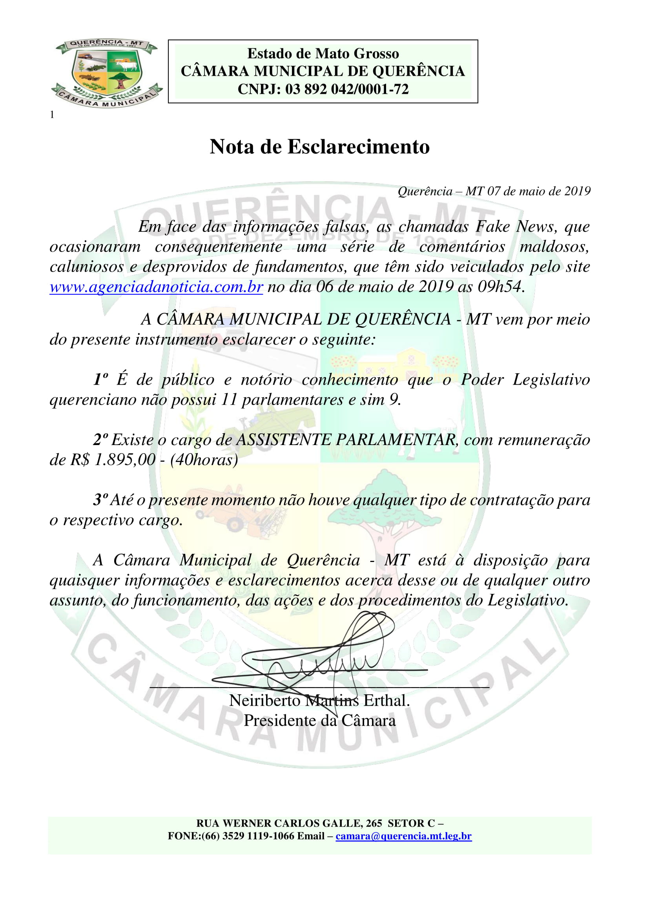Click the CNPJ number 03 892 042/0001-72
(347, 89)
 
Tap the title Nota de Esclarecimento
(320, 147)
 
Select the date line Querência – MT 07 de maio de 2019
(494, 192)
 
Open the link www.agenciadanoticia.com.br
(156, 287)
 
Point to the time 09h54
(500, 287)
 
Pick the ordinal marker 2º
(101, 440)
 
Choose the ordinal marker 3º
(101, 500)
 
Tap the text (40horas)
(204, 460)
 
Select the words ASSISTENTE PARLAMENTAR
(346, 440)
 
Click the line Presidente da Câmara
(320, 721)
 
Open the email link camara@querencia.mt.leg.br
(404, 836)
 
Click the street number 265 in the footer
(374, 823)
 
